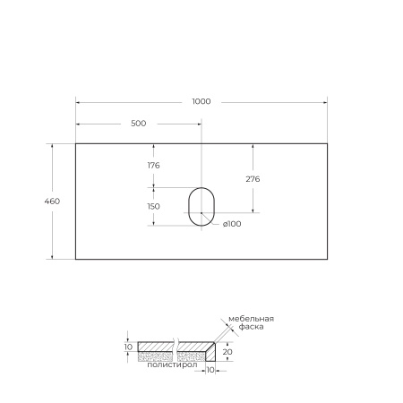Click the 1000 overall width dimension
coord(201,101)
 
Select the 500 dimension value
coord(138,124)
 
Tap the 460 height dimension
coord(52,201)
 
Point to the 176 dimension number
coord(153,166)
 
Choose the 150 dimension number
coord(153,206)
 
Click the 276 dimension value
coord(253,179)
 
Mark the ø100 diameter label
coord(232,224)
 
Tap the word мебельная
coord(251,320)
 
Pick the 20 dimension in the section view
coord(228,352)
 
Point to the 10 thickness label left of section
coord(128,347)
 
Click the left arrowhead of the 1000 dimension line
coord(77,101)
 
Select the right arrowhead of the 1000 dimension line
coord(325,101)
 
